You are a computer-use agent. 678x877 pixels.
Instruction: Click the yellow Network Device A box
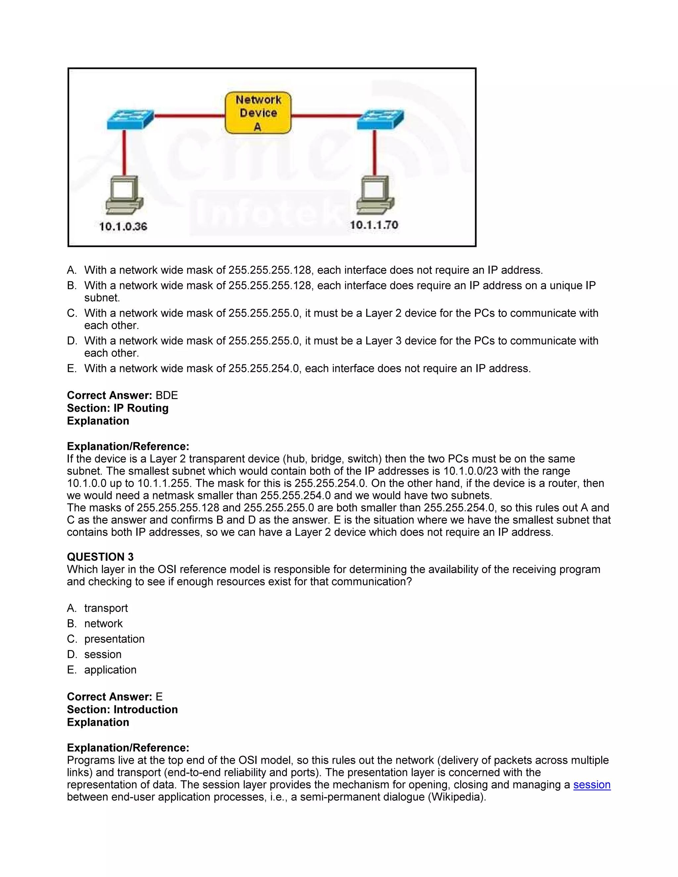pos(258,113)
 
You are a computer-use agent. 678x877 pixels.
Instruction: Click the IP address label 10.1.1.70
pos(373,225)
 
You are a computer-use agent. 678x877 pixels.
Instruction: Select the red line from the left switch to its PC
pos(124,153)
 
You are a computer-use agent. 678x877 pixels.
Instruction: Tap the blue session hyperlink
pos(592,785)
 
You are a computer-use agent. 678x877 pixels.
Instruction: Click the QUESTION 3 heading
pos(100,557)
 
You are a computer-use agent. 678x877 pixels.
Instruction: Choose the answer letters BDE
pos(167,395)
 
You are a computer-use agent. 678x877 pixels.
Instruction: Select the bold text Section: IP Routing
pos(118,408)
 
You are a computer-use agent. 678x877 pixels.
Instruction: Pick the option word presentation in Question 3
pos(115,639)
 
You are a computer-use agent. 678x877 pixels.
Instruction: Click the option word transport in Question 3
pos(106,608)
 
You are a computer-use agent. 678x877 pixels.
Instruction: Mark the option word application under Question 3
pos(111,670)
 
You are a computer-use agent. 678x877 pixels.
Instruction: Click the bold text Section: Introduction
pos(122,710)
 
